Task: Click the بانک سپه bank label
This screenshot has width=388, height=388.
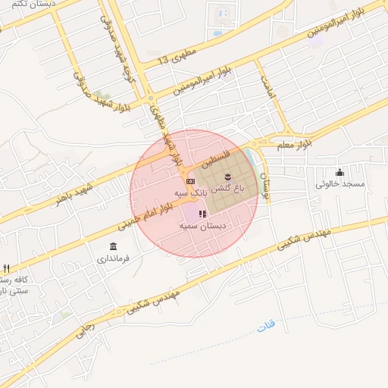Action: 190,194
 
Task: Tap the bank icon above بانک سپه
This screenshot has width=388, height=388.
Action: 190,181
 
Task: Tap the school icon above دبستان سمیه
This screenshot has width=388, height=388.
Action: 202,214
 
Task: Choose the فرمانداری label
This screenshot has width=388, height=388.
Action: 113,258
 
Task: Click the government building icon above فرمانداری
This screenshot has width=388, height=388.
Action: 113,246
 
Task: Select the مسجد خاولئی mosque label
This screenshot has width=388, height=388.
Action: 340,184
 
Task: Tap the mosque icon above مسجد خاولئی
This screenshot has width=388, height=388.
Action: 339,172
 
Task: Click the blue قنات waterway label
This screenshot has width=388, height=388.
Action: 265,326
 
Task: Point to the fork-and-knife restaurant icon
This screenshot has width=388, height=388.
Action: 6,269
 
